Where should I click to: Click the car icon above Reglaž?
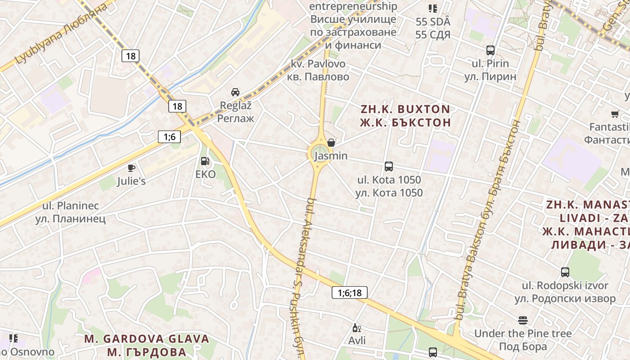pos(235,92)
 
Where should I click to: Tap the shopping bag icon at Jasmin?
pos(331,143)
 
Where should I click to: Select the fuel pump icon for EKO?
pos(205,161)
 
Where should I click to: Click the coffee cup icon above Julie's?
pos(131,168)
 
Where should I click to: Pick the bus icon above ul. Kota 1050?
pos(389,166)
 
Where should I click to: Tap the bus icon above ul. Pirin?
pos(490,50)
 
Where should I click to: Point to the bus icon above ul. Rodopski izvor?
pos(565,272)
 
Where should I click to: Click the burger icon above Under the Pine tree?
pos(522,320)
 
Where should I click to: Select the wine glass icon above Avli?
pos(356,328)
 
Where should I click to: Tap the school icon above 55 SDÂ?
pos(432,8)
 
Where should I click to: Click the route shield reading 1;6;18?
pos(350,293)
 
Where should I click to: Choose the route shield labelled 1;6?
pos(169,137)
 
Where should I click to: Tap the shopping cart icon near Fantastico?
pos(615,114)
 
